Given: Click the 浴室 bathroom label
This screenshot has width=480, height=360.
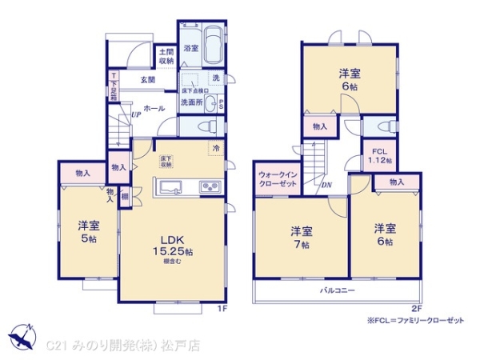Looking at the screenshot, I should [x=190, y=49].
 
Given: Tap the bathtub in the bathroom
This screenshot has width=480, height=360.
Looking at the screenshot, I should [x=213, y=43].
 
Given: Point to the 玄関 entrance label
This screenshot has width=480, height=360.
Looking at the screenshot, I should [x=148, y=79].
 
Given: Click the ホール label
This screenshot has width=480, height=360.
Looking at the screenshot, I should [x=154, y=106].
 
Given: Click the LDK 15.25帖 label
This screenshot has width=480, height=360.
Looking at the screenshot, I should [x=173, y=248].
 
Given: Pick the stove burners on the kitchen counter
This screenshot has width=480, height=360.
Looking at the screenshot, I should [x=210, y=188].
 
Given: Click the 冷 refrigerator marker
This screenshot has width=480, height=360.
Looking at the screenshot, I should [x=217, y=147].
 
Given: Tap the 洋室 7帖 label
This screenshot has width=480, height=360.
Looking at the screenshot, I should [x=302, y=237].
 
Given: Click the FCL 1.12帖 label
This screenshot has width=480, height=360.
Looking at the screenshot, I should [x=378, y=154].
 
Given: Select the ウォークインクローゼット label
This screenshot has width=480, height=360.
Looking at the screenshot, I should [x=277, y=179].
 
